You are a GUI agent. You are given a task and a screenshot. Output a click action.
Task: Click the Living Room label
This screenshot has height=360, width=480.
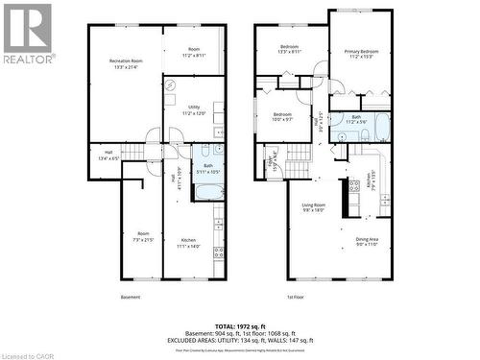314,207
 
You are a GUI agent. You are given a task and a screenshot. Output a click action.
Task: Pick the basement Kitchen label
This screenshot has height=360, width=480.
188,243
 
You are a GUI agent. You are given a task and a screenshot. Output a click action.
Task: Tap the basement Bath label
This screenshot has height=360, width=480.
207,167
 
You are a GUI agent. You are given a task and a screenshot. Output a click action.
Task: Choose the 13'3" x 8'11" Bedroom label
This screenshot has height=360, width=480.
290,50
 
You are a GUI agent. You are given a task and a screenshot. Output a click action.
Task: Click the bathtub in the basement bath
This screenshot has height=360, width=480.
208,190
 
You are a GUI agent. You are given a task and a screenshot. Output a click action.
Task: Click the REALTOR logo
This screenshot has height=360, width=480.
27,33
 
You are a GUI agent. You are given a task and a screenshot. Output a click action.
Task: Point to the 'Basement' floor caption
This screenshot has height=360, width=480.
131,298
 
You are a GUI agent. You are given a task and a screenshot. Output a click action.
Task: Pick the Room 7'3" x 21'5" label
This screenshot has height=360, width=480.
143,236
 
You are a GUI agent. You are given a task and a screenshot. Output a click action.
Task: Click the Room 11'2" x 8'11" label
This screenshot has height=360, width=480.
194,52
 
